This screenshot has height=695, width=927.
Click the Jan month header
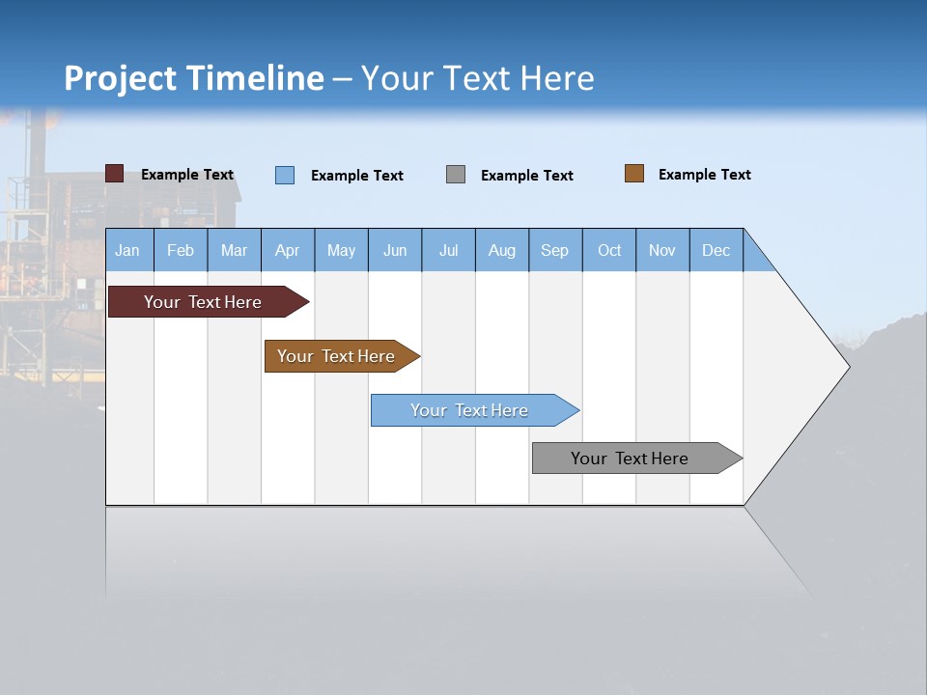click(x=128, y=250)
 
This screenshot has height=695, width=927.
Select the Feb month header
click(x=181, y=250)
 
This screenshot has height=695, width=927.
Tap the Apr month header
click(x=287, y=250)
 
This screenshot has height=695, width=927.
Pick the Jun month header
click(x=395, y=250)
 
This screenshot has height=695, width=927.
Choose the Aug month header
click(x=501, y=250)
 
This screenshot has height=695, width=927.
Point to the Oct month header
click(x=609, y=250)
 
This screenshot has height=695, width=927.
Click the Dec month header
click(x=716, y=250)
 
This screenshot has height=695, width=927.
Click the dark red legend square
click(x=115, y=174)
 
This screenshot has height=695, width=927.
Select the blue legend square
click(x=285, y=175)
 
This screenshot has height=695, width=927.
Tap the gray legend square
click(x=456, y=175)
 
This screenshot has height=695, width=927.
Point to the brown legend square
click(x=634, y=174)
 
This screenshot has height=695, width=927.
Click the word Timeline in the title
click(x=254, y=78)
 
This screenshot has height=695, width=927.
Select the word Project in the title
click(x=119, y=78)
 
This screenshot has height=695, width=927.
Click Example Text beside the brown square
click(x=704, y=175)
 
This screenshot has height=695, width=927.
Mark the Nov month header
click(x=662, y=250)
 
